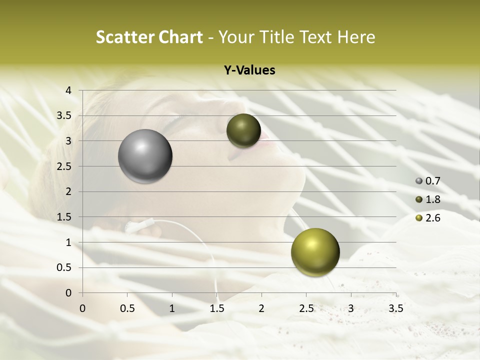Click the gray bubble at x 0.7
pos(145,156)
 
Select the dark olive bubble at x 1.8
pos(243,130)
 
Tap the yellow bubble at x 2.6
pos(315,252)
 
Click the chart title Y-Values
pos(249,70)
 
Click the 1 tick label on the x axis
pos(172,308)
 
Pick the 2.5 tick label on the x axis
pos(306,308)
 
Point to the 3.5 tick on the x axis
pos(395,308)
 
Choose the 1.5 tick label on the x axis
pos(216,308)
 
